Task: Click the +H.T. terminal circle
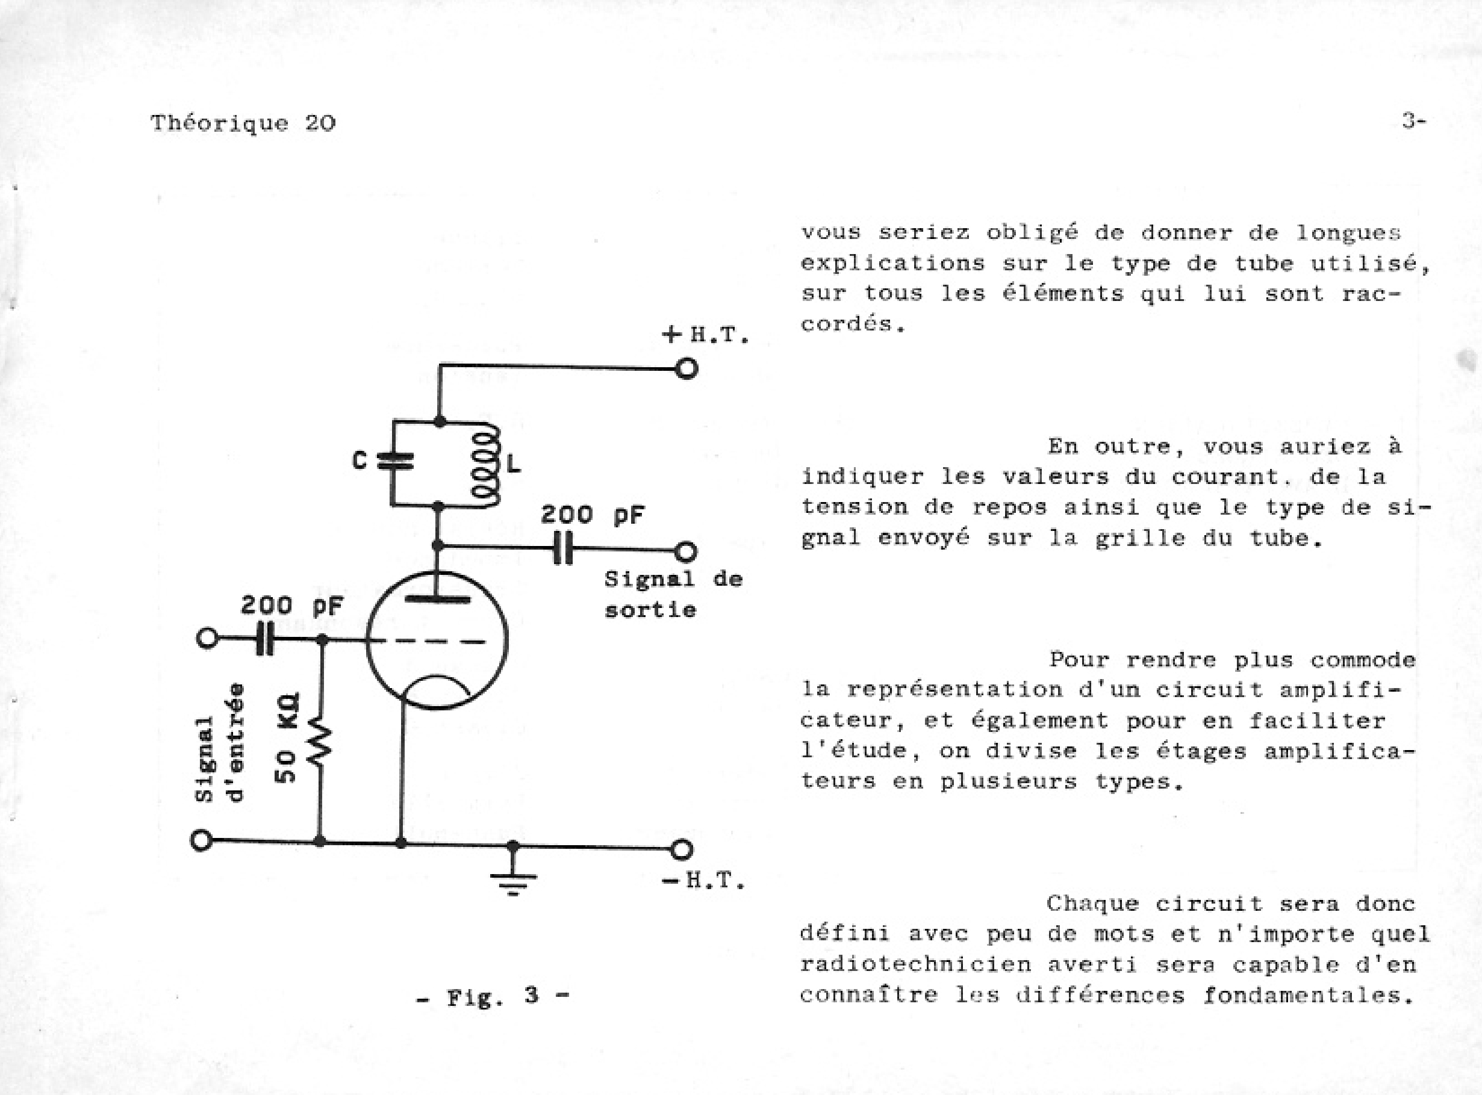tap(687, 368)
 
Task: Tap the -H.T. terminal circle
tap(681, 849)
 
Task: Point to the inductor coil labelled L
tap(486, 465)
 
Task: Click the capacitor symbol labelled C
tap(394, 461)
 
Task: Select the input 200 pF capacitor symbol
tap(264, 639)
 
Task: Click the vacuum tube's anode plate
tap(437, 599)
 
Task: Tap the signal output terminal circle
tap(686, 551)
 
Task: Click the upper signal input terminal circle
tap(207, 638)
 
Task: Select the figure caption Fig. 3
tap(492, 996)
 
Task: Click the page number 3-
tap(1413, 121)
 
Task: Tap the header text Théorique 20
tap(243, 123)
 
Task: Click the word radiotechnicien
tap(915, 964)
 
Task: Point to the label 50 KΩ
tap(287, 737)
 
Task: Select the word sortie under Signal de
tap(650, 610)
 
